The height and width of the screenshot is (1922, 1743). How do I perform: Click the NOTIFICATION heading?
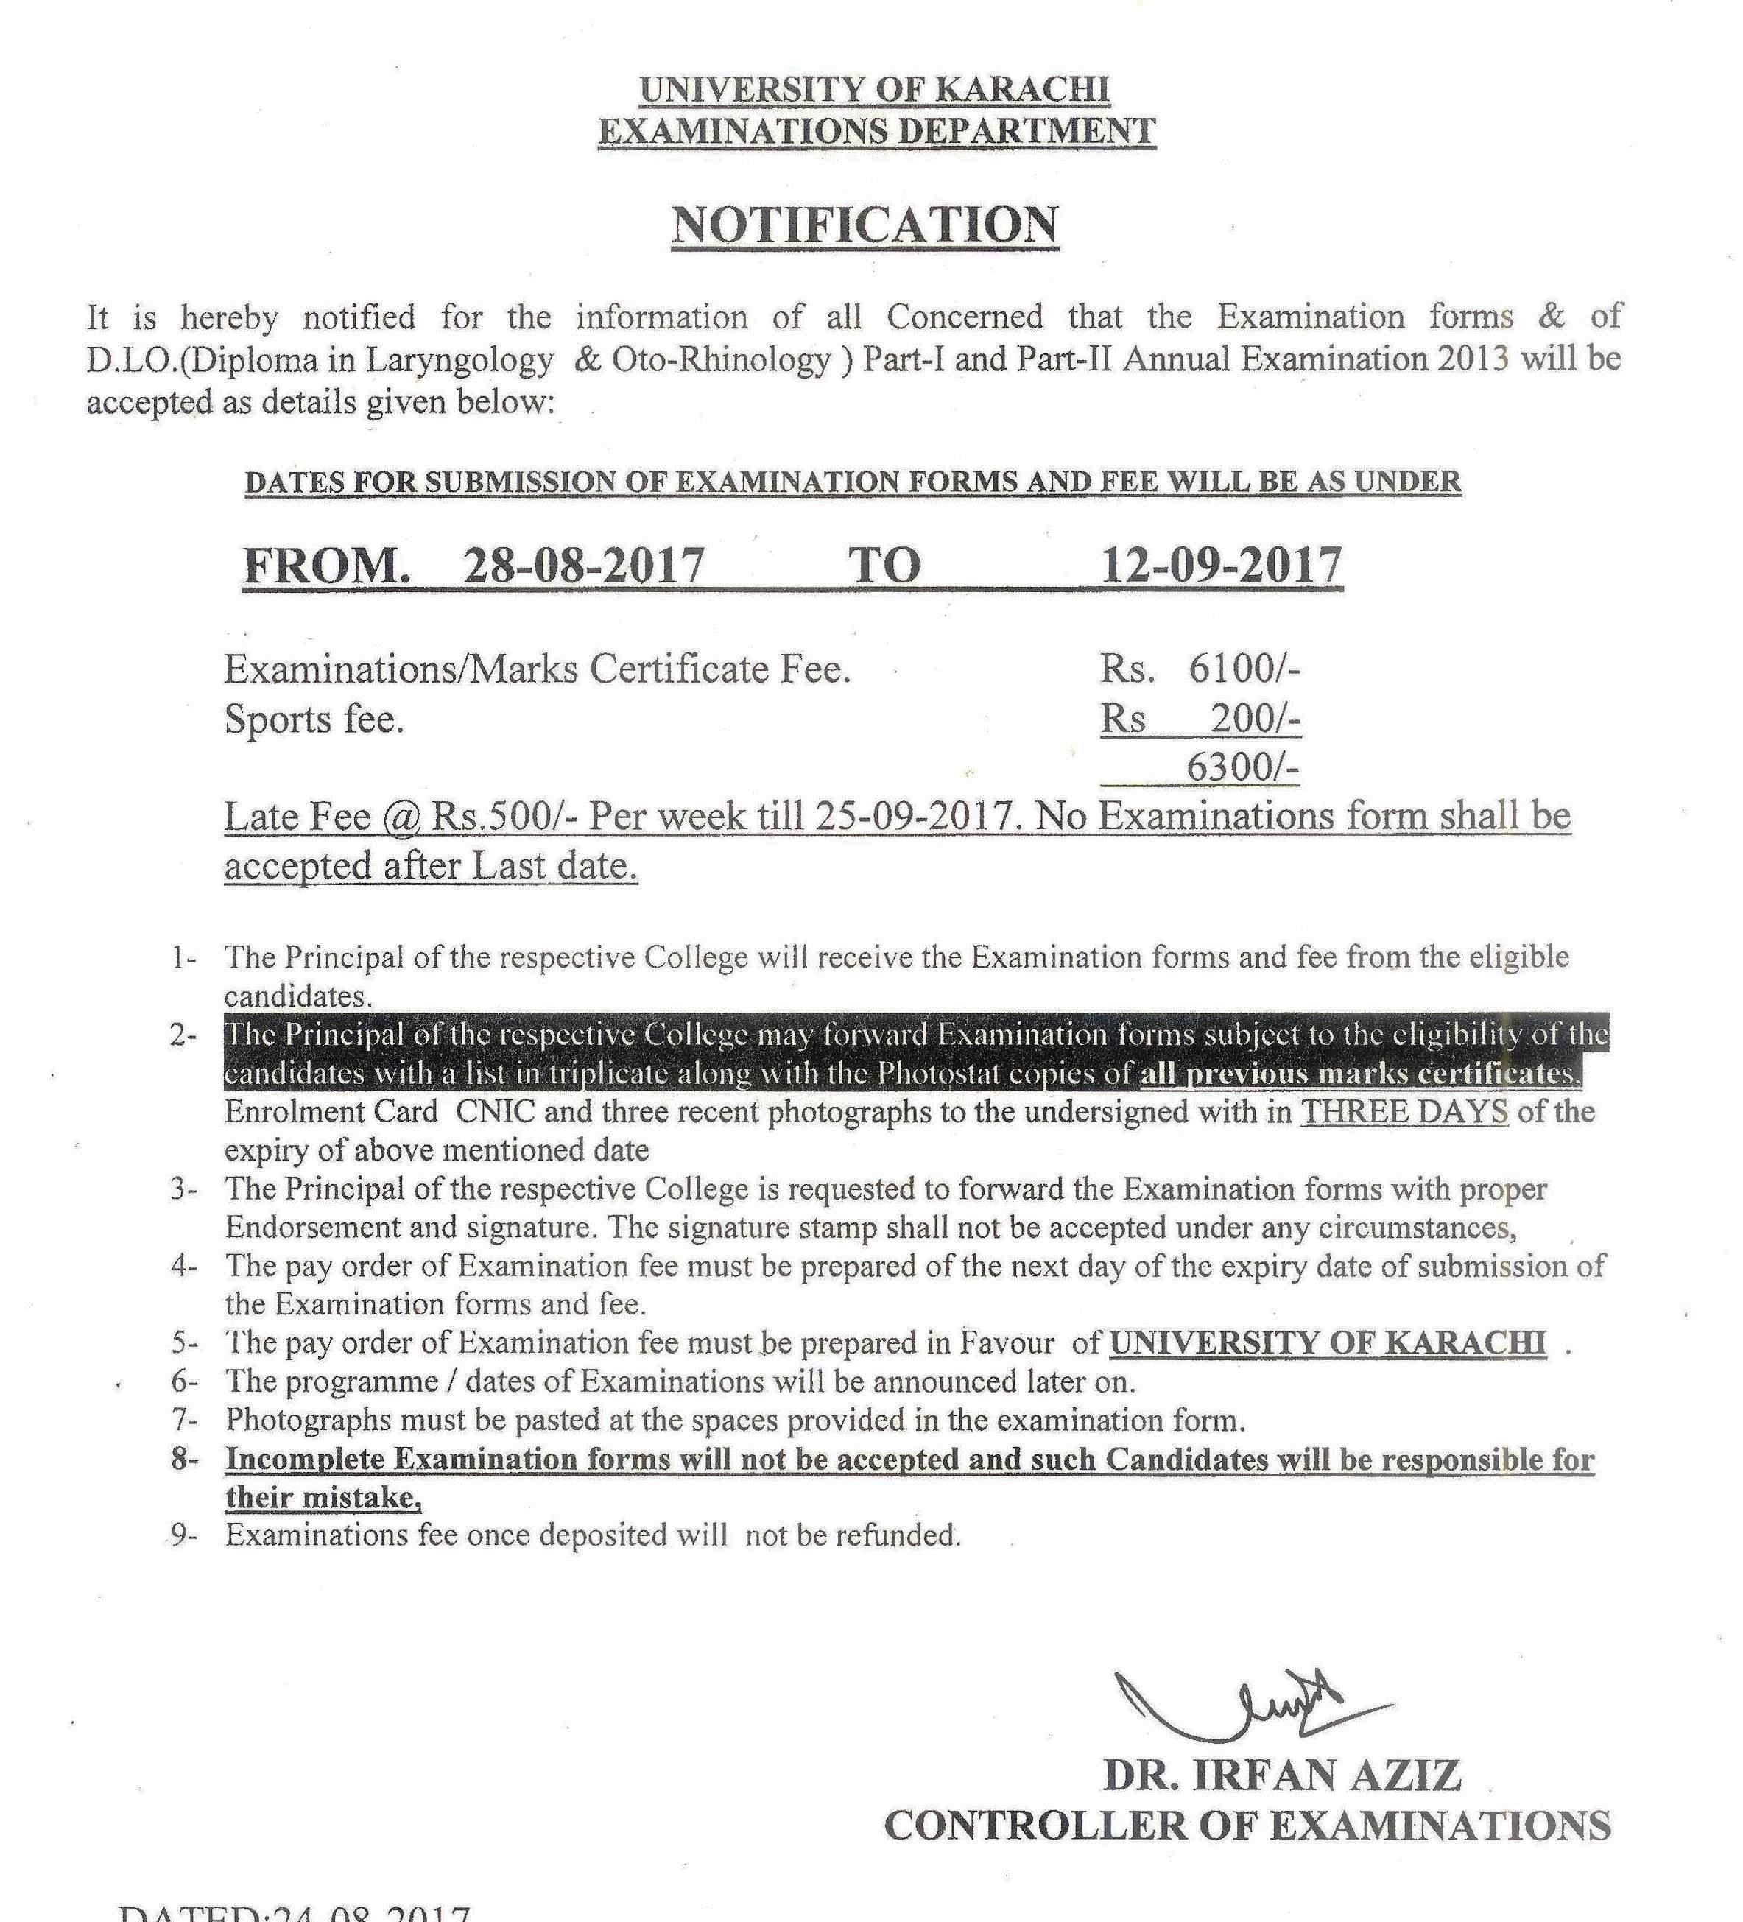pos(865,225)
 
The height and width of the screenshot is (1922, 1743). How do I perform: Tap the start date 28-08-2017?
pos(583,566)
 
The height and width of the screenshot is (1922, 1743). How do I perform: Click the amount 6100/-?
pos(1243,669)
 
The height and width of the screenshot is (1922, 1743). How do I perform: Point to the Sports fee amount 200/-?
pos(1255,719)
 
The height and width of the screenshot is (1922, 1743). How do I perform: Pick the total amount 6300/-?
pos(1242,767)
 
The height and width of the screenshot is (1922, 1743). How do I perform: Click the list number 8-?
pos(185,1460)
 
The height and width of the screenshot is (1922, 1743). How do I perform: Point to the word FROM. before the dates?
pos(327,566)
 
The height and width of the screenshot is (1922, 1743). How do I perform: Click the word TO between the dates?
pos(885,566)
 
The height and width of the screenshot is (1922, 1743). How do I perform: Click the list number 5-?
pos(185,1343)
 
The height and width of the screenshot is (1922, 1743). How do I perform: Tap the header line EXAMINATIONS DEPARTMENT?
pos(876,130)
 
